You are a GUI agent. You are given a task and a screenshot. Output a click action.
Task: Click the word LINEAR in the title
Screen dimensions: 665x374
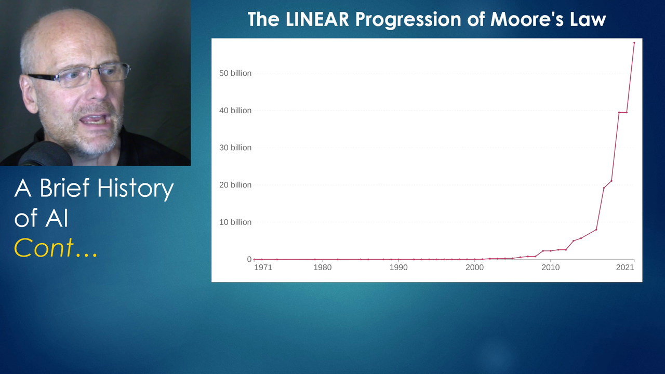(317, 20)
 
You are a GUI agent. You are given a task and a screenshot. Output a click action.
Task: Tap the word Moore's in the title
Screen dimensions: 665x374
(527, 20)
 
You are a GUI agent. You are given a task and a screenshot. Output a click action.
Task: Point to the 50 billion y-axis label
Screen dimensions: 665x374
(235, 73)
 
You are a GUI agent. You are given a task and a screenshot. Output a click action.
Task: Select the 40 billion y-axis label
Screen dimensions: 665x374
(235, 111)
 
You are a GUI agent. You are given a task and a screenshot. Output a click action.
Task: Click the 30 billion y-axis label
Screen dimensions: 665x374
(235, 148)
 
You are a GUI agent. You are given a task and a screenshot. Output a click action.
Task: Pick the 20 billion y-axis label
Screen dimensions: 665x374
(235, 185)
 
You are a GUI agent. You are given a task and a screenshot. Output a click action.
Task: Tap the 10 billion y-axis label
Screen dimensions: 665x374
(235, 222)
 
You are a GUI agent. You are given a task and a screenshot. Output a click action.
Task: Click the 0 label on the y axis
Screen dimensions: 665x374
(249, 259)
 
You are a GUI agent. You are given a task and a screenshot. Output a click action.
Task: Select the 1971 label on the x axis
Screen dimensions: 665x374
(263, 268)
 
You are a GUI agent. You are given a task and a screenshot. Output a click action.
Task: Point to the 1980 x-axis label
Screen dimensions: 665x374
(323, 268)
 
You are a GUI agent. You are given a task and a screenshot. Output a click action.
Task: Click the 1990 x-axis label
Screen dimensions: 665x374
(398, 268)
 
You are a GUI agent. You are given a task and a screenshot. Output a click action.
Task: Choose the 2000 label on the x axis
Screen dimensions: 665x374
(474, 268)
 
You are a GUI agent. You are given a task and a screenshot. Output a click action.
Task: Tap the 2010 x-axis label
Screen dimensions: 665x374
(550, 268)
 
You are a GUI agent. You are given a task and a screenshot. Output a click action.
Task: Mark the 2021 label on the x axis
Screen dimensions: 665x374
(625, 268)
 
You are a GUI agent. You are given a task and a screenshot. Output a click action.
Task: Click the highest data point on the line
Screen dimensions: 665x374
(634, 43)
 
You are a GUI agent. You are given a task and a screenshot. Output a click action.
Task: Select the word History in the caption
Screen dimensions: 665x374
(136, 189)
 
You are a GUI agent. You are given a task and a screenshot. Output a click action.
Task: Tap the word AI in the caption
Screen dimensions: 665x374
(57, 218)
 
